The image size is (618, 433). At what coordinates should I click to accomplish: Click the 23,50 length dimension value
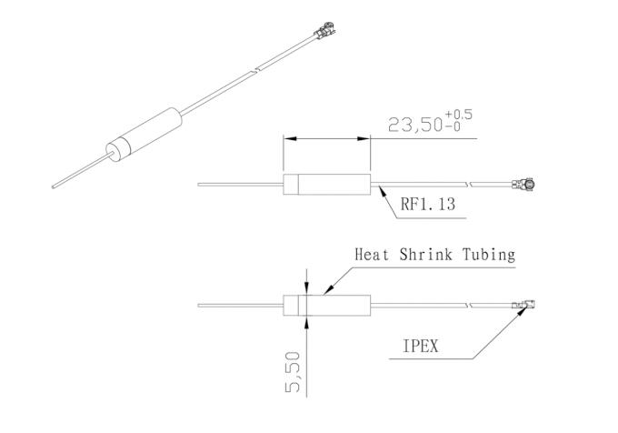(415, 125)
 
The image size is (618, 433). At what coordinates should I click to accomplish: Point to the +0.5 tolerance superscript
(458, 115)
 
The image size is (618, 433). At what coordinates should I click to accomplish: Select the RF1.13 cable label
(428, 205)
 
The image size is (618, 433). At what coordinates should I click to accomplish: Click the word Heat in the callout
(372, 255)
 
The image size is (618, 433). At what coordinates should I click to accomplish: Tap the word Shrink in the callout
(425, 255)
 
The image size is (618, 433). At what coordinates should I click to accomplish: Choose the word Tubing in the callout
(489, 255)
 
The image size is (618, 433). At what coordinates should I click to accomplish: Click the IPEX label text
(421, 347)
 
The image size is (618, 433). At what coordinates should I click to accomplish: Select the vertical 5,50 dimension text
(292, 372)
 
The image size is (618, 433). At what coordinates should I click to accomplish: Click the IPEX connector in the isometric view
(324, 30)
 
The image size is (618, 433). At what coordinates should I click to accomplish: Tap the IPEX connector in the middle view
(524, 184)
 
